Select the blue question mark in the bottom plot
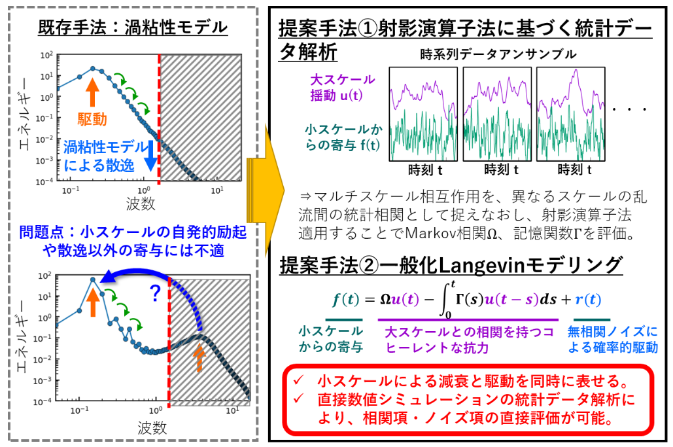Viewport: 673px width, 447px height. pos(156,295)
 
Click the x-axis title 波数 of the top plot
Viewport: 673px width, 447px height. pos(140,204)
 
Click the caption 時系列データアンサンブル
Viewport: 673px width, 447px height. pos(498,54)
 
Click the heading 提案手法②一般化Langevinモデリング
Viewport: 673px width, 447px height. pos(451,266)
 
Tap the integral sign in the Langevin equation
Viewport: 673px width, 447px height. pos(447,300)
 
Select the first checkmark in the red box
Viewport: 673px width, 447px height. pos(298,380)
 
